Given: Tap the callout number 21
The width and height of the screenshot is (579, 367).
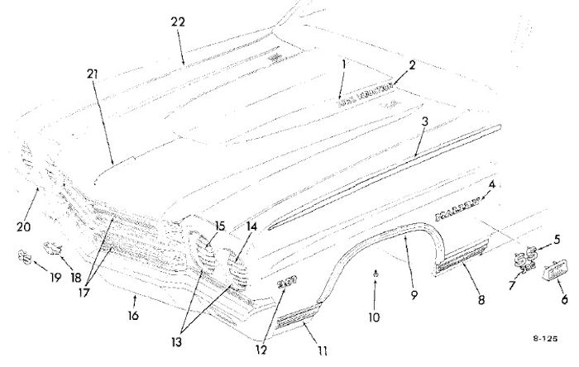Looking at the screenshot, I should (93, 74).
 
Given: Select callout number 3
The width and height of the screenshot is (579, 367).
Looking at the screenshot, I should (424, 122).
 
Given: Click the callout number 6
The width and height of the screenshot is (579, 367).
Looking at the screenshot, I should (564, 300).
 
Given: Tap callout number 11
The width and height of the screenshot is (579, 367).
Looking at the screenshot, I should (323, 350).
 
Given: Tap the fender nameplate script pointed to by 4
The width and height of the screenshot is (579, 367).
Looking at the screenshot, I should (457, 213).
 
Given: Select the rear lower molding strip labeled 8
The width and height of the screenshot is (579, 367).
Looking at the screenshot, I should (460, 255).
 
